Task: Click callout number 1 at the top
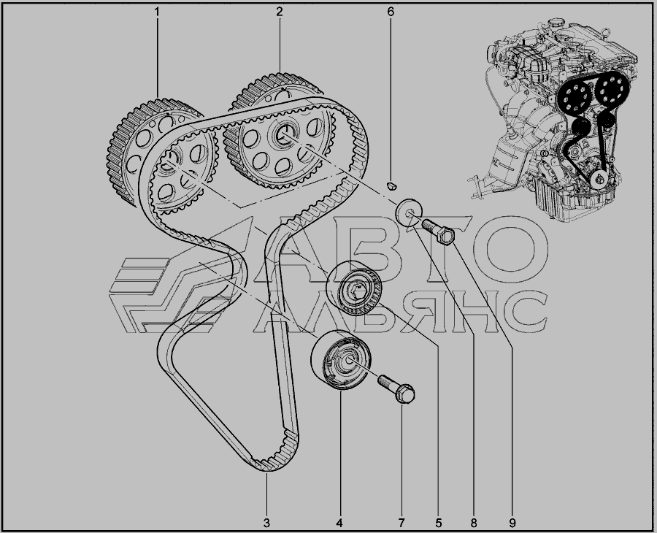157,12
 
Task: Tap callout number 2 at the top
280,12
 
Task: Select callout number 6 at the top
391,12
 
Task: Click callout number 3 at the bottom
266,523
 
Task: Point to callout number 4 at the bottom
339,523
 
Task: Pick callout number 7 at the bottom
401,523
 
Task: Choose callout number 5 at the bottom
439,523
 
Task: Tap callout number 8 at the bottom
474,523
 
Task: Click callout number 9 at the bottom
512,523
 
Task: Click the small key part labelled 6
391,185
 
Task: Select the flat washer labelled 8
409,212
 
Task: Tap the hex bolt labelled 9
439,231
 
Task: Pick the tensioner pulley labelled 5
354,288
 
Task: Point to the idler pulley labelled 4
341,359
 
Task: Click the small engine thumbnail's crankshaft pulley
599,180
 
